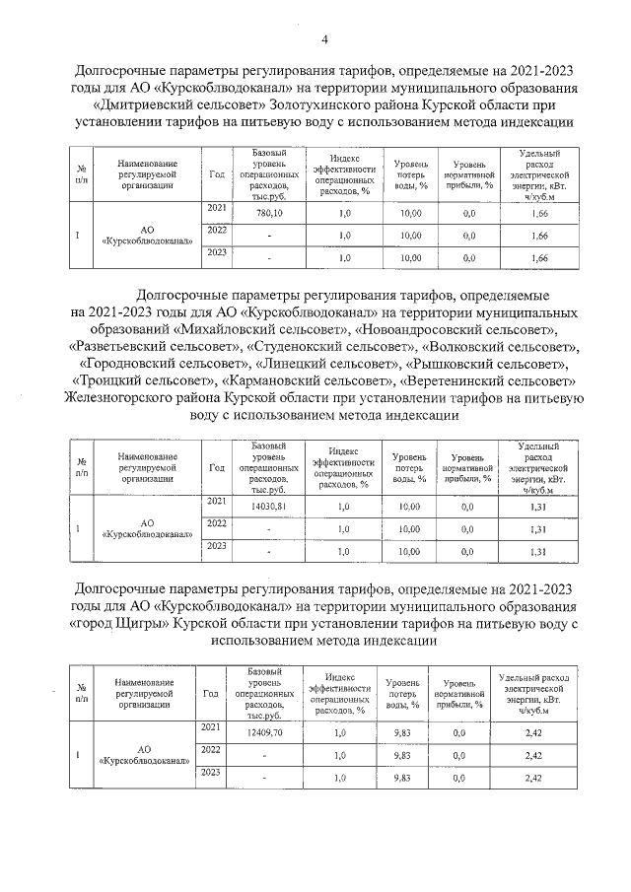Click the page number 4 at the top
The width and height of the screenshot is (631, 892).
(x=323, y=38)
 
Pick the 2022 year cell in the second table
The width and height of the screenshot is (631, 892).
(x=217, y=523)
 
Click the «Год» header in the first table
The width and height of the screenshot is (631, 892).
(x=217, y=173)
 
